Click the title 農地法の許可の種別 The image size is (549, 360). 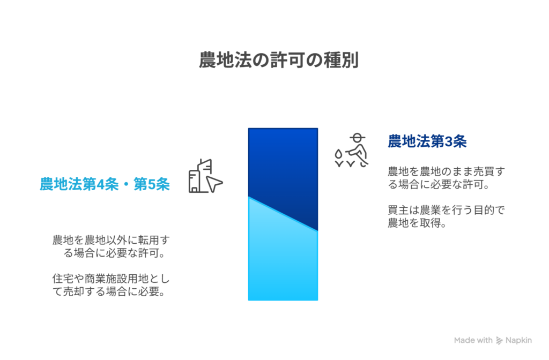click(279, 60)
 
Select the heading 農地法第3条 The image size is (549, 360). click(427, 141)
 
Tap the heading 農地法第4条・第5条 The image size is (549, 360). click(105, 184)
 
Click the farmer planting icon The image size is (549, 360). click(351, 151)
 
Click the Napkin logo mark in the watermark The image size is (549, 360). click(499, 340)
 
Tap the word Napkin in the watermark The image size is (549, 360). click(518, 340)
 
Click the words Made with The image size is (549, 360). click(473, 340)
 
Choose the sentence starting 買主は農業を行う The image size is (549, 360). click(446, 216)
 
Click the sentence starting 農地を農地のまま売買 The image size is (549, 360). click(446, 178)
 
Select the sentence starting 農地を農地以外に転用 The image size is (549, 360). click(111, 246)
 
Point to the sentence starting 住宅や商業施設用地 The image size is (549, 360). click(111, 285)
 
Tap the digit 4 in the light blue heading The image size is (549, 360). click(100, 184)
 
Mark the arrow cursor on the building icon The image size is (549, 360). click(213, 184)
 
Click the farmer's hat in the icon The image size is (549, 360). click(357, 137)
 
